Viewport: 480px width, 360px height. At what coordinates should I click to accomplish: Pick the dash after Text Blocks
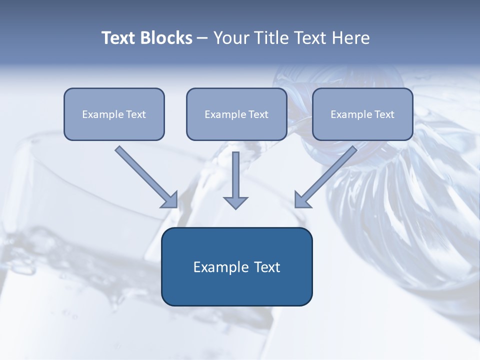pyautogui.click(x=202, y=38)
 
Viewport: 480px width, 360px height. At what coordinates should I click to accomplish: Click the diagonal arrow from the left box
pyautogui.click(x=146, y=177)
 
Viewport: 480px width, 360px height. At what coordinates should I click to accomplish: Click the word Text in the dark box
pyautogui.click(x=267, y=267)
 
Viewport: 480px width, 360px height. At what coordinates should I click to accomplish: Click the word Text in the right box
pyautogui.click(x=384, y=114)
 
